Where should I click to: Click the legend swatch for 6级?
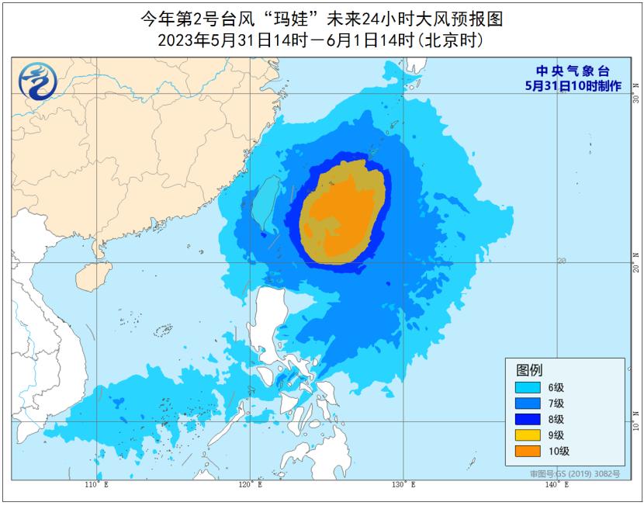point(528,387)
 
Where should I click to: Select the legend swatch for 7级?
point(528,403)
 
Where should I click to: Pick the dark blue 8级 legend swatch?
point(528,419)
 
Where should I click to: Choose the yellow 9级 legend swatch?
point(528,435)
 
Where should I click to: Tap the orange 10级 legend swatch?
point(528,451)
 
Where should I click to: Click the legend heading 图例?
point(529,369)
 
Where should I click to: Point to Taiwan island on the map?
point(267,203)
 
